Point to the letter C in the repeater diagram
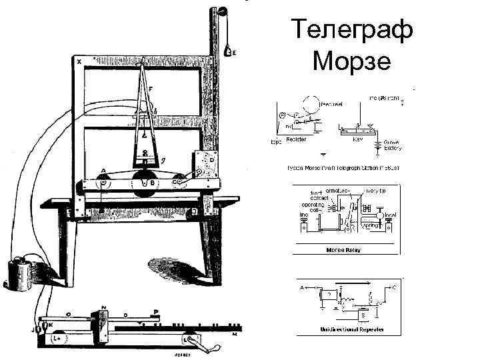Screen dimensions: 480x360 pyautogui.click(x=394, y=287)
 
